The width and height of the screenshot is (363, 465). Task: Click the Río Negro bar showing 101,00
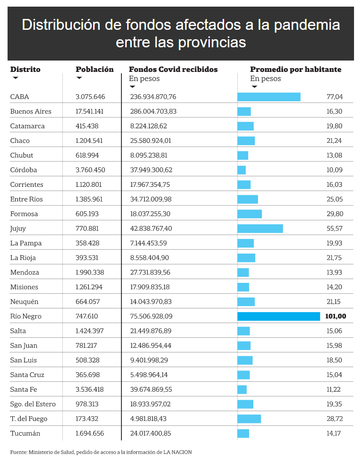[278, 316]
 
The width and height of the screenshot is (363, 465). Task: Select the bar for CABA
[269, 97]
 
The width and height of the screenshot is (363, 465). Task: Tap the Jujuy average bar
[260, 228]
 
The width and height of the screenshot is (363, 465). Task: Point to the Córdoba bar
[242, 170]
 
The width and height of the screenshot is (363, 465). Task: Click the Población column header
[95, 70]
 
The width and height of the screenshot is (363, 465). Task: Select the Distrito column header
[25, 70]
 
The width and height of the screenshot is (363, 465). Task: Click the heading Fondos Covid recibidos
[173, 70]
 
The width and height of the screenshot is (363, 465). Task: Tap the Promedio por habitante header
[295, 70]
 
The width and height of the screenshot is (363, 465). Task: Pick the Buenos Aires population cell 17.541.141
[91, 111]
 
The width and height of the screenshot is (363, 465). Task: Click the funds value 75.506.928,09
[151, 316]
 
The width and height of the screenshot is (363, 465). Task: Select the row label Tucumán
[25, 433]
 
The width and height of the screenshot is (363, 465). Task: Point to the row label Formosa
[24, 214]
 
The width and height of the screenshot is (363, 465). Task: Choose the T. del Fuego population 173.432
[87, 419]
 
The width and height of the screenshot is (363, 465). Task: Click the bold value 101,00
[336, 316]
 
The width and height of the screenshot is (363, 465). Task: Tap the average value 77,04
[335, 97]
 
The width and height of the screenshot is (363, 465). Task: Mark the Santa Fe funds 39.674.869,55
[151, 389]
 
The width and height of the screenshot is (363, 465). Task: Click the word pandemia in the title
[307, 26]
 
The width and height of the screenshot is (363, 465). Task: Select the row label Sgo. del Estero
[33, 404]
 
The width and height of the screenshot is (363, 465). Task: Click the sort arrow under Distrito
[16, 78]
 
